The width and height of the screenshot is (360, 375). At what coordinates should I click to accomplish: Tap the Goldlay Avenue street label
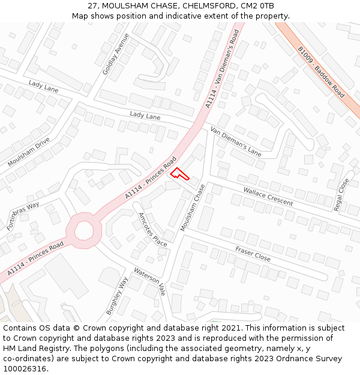point(116,54)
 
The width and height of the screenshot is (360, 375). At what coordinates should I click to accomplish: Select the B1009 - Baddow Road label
point(321,73)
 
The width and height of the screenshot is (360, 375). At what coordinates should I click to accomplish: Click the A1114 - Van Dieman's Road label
point(226,70)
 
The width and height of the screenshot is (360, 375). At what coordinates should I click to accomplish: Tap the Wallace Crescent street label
point(268,196)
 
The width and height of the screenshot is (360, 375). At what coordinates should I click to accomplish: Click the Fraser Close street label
point(253,254)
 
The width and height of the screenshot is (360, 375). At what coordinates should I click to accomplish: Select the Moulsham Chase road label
point(193,208)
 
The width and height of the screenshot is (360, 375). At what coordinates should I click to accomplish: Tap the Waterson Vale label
point(149,280)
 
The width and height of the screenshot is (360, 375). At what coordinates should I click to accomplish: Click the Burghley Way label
point(117,296)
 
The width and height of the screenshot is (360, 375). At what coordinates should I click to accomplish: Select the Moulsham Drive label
point(29,152)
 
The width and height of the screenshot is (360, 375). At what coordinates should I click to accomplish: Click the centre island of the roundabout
point(83,230)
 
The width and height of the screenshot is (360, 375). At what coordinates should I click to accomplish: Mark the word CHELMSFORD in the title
point(193,6)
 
